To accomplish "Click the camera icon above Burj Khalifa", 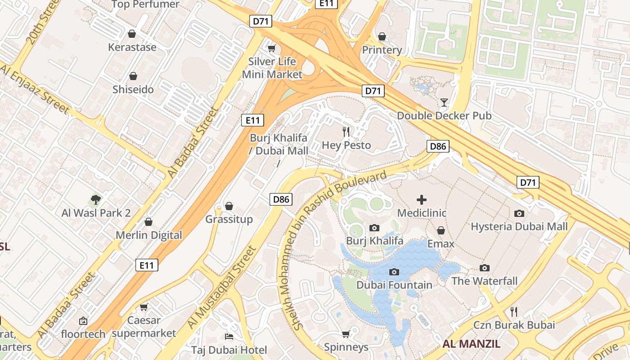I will click(x=374, y=228).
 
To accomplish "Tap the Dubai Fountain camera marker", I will click(x=394, y=272).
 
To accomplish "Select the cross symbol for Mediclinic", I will click(x=422, y=199).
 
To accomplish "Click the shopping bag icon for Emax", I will click(x=441, y=230).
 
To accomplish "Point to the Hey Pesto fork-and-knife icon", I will click(x=346, y=131).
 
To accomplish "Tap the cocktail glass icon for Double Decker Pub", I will click(x=444, y=102).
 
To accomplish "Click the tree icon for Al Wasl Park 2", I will click(x=95, y=199).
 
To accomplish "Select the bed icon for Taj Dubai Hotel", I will click(x=229, y=337).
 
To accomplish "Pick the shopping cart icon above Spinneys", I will click(x=346, y=334).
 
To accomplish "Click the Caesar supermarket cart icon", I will click(x=144, y=307).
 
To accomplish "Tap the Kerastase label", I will click(x=132, y=47).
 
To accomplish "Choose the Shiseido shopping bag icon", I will click(x=133, y=76).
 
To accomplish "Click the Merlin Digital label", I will click(x=149, y=235).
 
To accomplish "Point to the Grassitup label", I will click(x=229, y=219).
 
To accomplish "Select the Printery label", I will click(x=382, y=50).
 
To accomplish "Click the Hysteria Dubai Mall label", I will click(x=519, y=226).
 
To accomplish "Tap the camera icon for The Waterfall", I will click(x=485, y=268).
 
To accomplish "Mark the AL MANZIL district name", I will click(x=471, y=344).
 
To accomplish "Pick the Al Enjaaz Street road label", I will click(x=35, y=89).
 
